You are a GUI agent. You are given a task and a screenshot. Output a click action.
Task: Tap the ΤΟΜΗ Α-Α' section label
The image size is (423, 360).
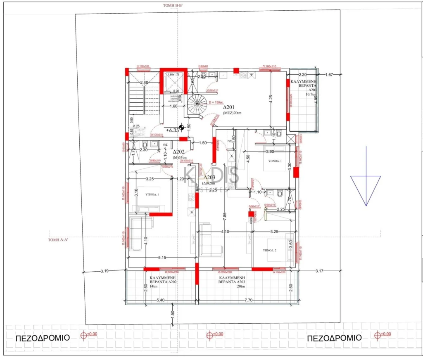(x=58, y=239)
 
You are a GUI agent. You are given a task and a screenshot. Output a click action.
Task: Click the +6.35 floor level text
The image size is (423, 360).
(x=172, y=130)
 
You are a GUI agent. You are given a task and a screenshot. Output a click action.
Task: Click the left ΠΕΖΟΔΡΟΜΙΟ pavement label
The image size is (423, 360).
(x=43, y=338)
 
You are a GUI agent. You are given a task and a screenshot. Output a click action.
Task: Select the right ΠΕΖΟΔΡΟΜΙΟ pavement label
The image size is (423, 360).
(x=334, y=338)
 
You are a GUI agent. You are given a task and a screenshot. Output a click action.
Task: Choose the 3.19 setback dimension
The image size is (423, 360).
(x=105, y=271)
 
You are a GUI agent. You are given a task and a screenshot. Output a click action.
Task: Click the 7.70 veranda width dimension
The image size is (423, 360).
(x=248, y=300)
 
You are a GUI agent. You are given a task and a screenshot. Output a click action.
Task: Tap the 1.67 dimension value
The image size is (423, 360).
(x=329, y=75)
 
